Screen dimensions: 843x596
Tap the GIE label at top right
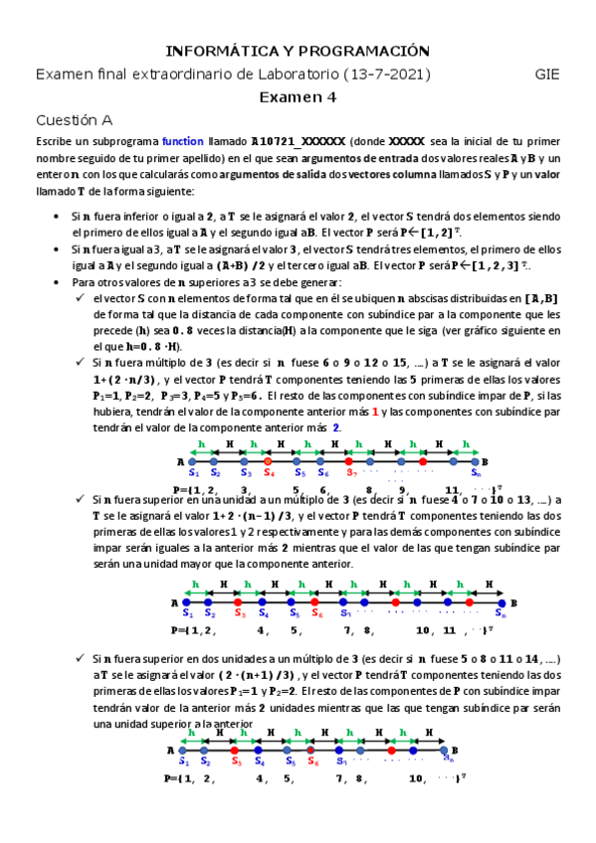pyautogui.click(x=547, y=74)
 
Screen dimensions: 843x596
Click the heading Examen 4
pyautogui.click(x=298, y=96)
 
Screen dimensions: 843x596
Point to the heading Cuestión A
pyautogui.click(x=74, y=119)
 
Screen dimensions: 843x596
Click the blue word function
pyautogui.click(x=181, y=142)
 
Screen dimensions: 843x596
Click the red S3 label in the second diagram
pyautogui.click(x=238, y=614)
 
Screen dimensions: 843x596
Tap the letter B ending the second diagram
pyautogui.click(x=514, y=602)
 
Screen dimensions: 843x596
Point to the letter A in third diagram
pyautogui.click(x=170, y=750)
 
